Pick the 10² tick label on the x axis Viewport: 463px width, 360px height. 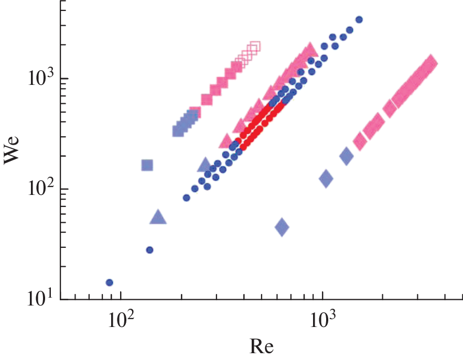pyautogui.click(x=120, y=318)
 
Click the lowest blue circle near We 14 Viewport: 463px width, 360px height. pyautogui.click(x=110, y=282)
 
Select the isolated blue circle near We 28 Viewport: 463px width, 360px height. pyautogui.click(x=149, y=250)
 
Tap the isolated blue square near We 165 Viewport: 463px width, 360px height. pyautogui.click(x=147, y=166)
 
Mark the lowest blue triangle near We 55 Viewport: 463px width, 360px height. pyautogui.click(x=158, y=217)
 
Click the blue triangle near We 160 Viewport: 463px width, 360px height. pyautogui.click(x=205, y=166)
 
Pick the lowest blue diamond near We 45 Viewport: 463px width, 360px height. pyautogui.click(x=282, y=227)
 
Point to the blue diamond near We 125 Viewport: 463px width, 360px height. pyautogui.click(x=326, y=179)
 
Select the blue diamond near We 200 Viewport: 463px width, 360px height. pyautogui.click(x=346, y=156)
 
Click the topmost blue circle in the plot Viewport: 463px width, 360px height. pyautogui.click(x=359, y=19)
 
